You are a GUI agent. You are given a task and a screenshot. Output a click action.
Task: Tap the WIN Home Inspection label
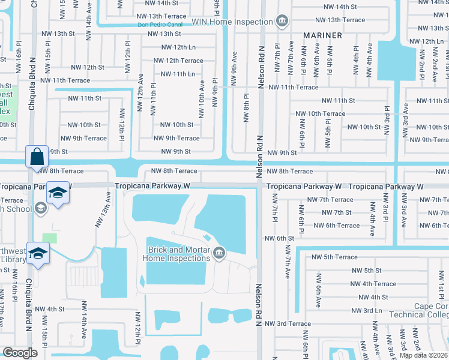tap(232, 22)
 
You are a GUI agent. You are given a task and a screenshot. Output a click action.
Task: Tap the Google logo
tap(20, 353)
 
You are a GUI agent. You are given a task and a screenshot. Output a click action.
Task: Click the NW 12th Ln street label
tap(175, 47)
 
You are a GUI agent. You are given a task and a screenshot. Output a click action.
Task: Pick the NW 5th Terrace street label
tap(334, 257)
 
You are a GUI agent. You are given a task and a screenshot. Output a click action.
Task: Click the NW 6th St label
tap(280, 238)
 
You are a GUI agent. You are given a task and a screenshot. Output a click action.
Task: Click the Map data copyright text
tap(423, 355)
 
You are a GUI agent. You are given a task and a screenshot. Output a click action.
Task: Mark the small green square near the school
tap(50, 238)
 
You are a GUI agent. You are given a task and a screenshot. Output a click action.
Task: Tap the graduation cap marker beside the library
tap(37, 254)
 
